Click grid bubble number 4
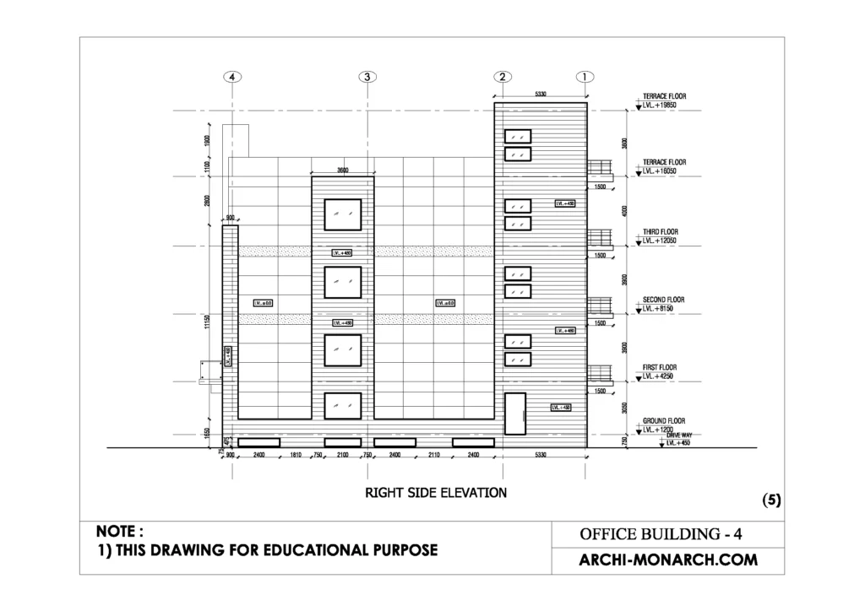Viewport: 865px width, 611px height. tap(233, 77)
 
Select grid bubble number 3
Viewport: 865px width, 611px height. tap(367, 77)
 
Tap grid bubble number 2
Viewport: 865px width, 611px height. tap(503, 77)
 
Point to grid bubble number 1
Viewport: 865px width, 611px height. tap(585, 77)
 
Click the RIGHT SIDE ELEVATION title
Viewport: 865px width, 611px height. tap(435, 492)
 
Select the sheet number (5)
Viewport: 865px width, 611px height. tap(771, 500)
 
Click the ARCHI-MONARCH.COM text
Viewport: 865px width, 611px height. tap(667, 560)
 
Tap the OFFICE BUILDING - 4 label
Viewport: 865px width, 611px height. tap(661, 534)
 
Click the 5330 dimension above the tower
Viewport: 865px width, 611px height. tap(541, 95)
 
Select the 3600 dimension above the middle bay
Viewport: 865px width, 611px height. tap(343, 170)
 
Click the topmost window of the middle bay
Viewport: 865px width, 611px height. tap(343, 214)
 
